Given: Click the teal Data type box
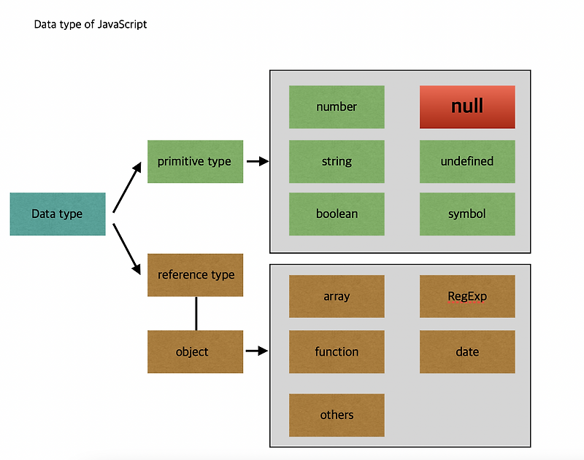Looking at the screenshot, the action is click(x=58, y=214).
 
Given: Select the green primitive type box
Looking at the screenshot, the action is click(x=195, y=161).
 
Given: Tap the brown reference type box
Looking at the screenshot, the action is click(x=195, y=275).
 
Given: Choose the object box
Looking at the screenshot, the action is click(x=195, y=352).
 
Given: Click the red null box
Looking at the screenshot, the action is click(x=467, y=107).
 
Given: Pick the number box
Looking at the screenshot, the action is click(x=337, y=107).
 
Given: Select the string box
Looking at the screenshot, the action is click(x=337, y=161).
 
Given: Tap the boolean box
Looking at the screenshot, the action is click(x=337, y=214).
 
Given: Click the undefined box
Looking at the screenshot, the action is click(x=467, y=161).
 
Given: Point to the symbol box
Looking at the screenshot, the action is click(x=467, y=214).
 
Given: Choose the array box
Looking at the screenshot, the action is click(x=337, y=297).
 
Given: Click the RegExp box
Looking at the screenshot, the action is click(x=467, y=297).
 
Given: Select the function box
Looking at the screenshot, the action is click(x=337, y=352).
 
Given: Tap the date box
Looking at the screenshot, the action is click(x=467, y=352).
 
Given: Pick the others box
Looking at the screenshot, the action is click(x=337, y=415).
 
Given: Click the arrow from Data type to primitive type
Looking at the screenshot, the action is click(x=127, y=187).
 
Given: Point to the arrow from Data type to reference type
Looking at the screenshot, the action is click(x=126, y=249).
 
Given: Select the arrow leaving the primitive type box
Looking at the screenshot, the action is click(x=258, y=161).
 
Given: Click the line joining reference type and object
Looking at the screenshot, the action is click(x=196, y=313).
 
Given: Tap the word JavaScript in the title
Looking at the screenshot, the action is click(x=122, y=25).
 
